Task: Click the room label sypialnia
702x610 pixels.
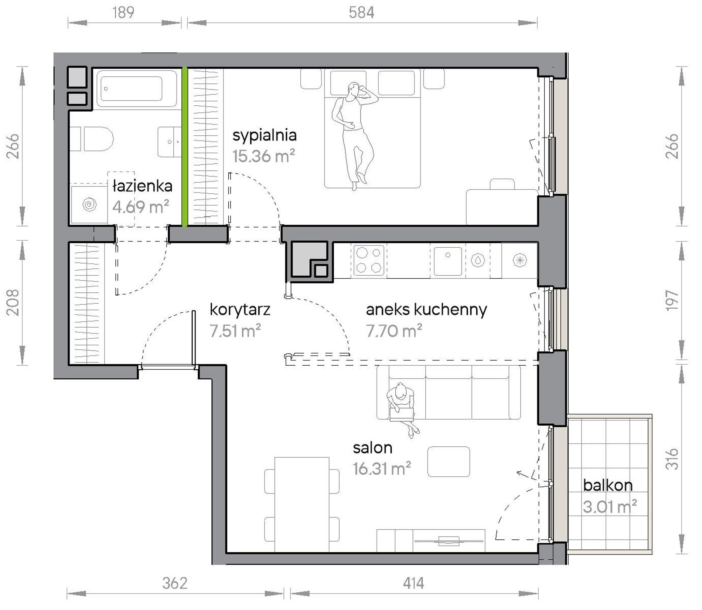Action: coord(265,136)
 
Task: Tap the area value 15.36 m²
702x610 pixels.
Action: coord(263,156)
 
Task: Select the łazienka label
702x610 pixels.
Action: coord(142,186)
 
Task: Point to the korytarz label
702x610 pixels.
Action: coord(240,310)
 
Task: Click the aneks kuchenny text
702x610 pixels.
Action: coord(426,310)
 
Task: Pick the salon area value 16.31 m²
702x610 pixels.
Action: coord(382,469)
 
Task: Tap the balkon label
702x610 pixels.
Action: coord(608,485)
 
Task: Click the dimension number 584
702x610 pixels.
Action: coord(361,13)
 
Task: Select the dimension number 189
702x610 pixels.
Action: coord(123,13)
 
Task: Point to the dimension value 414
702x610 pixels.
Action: coord(413,583)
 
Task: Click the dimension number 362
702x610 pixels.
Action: coord(175,583)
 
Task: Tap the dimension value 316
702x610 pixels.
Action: coord(672,459)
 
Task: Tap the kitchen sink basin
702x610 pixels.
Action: coord(448,261)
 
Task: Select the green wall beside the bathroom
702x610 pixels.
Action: coord(184,147)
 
